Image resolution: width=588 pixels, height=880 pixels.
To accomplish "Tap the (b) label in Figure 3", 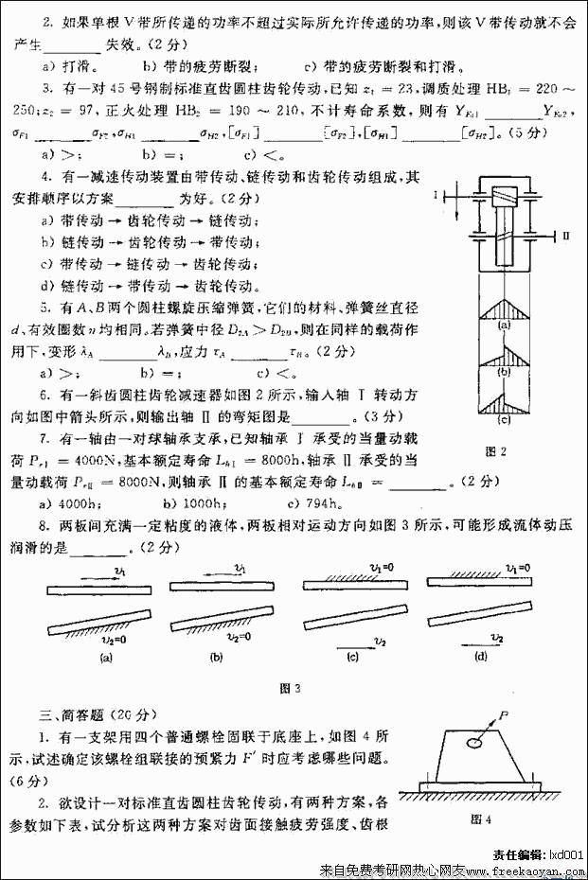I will (216, 656).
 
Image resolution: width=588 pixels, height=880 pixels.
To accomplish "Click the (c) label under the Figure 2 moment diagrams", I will (504, 420).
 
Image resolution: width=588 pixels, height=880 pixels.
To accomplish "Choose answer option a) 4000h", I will (66, 502).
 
